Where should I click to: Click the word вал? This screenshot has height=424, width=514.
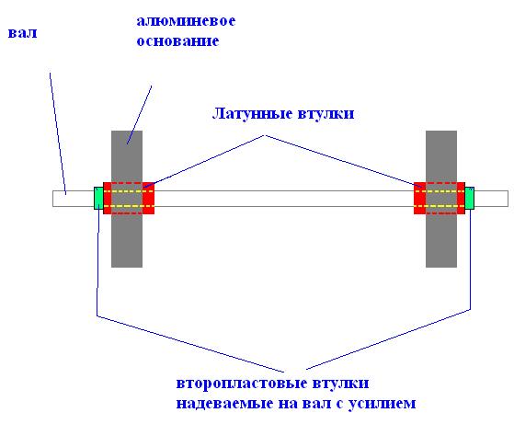click(22, 33)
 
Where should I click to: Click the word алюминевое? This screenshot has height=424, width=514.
click(186, 21)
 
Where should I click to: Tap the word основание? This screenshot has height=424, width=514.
click(177, 41)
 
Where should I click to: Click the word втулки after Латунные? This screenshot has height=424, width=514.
click(326, 114)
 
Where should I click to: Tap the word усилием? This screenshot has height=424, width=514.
click(382, 404)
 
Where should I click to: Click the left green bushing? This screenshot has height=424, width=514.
click(98, 198)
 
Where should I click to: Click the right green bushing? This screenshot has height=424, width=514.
click(470, 198)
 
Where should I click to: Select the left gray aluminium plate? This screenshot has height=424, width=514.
click(127, 199)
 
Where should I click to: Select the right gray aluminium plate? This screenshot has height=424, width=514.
click(441, 199)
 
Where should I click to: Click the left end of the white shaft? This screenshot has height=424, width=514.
click(53, 199)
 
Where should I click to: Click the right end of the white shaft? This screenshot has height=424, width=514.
click(508, 199)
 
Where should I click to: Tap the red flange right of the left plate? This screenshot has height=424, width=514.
click(148, 198)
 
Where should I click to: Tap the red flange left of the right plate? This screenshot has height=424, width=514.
click(420, 198)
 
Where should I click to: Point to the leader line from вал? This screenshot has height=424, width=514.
click(58, 133)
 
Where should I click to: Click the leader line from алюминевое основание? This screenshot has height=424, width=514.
click(140, 115)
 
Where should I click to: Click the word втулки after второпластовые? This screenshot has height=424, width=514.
click(340, 383)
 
